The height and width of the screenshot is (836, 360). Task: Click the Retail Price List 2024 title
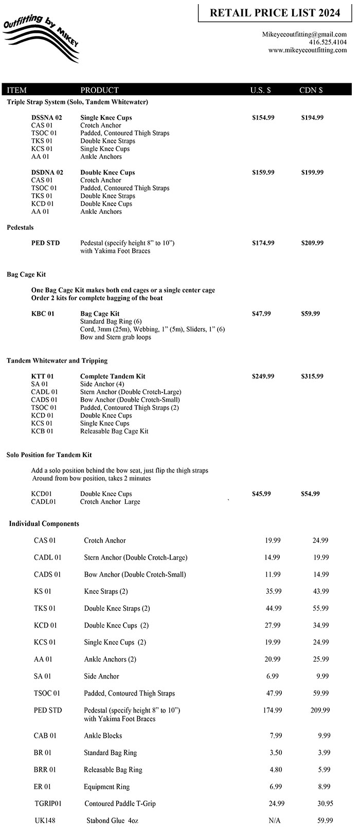point(275,13)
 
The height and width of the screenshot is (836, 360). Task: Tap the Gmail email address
point(304,34)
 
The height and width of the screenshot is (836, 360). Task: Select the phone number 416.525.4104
point(328,42)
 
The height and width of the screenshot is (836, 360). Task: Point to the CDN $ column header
point(311,90)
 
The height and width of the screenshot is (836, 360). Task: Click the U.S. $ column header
point(261,90)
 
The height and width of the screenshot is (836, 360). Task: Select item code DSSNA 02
point(47,118)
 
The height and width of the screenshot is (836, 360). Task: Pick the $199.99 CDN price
point(312,172)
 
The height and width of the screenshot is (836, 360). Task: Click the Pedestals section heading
point(20,227)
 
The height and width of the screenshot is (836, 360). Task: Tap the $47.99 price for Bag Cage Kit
point(261,314)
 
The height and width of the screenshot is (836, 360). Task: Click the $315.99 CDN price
point(312,376)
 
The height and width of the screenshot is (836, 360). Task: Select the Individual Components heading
point(44,524)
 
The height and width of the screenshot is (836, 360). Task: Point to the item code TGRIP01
point(48,804)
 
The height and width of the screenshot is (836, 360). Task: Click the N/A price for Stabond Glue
point(275,821)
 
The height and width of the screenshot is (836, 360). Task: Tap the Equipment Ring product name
point(106,787)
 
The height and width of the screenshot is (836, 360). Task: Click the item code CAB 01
point(45,736)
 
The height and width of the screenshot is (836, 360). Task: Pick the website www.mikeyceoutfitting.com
point(308,50)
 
